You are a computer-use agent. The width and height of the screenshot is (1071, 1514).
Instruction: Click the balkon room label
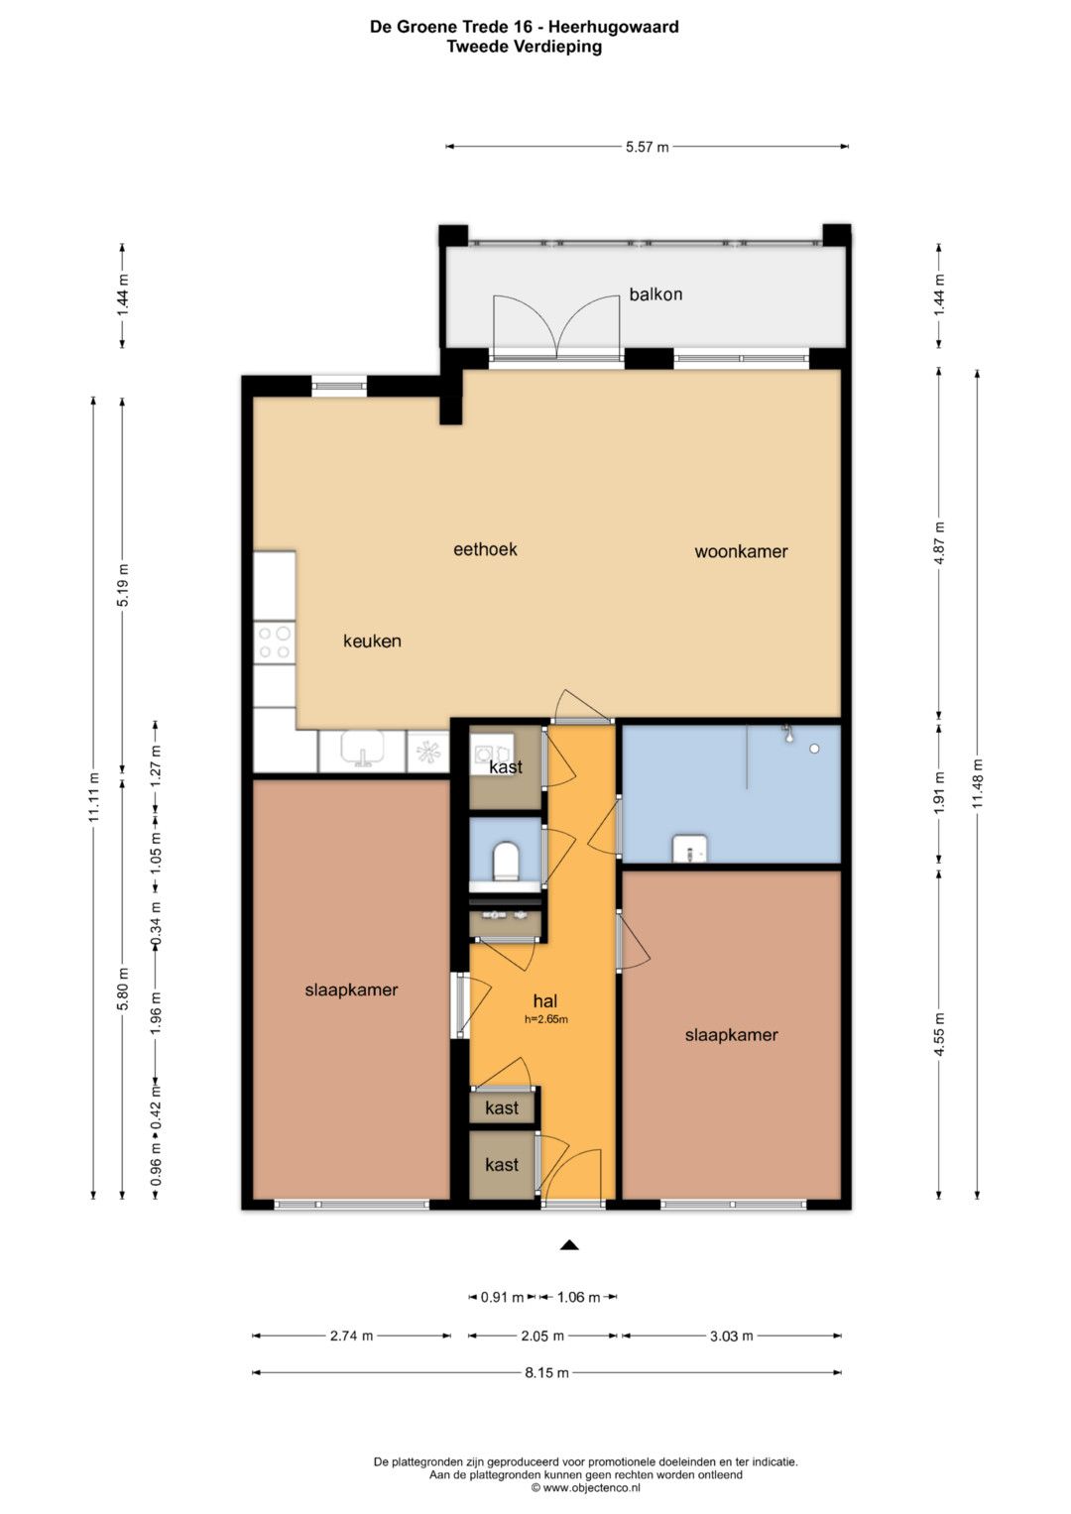point(655,294)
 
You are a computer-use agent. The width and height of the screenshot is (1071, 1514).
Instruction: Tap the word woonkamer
point(741,551)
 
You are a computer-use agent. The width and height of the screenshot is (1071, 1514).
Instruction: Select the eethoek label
point(485,549)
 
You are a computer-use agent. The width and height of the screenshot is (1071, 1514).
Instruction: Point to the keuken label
point(372,641)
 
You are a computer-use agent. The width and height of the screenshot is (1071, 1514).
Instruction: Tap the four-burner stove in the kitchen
point(275,642)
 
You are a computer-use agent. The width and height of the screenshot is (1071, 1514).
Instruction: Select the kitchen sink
point(363,751)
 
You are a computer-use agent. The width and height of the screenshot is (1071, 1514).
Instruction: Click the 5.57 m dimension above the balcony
point(647,146)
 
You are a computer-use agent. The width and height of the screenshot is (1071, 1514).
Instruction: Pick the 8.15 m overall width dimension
point(546,1372)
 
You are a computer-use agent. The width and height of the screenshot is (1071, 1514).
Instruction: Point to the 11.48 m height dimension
point(978,784)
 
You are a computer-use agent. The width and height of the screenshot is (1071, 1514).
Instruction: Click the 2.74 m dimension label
point(352,1336)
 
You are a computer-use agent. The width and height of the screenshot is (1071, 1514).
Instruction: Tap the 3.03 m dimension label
point(732,1336)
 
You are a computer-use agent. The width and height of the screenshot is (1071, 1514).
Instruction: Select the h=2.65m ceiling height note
point(546,1019)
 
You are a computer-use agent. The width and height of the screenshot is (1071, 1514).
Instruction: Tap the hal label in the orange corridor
point(545,1001)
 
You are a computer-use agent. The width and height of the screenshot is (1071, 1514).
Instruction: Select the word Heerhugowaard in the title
point(613,27)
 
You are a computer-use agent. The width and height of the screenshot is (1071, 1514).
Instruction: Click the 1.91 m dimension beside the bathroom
point(938,793)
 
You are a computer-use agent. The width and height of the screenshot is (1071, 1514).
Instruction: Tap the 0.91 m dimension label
point(502,1297)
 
